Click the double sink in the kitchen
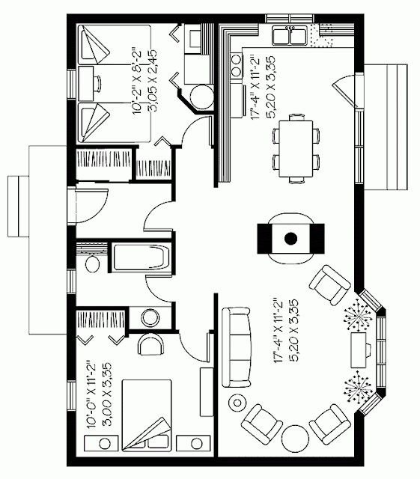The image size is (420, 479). click(290, 35)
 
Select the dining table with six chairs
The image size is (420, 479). click(296, 149)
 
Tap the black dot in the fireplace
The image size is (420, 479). click(290, 238)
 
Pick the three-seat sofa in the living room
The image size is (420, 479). click(237, 347)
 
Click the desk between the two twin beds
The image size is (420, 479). click(86, 83)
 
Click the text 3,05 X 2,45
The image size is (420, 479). click(152, 81)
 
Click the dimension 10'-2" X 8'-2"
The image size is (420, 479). click(137, 81)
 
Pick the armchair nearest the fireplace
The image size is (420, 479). click(330, 285)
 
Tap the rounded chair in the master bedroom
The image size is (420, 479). click(150, 343)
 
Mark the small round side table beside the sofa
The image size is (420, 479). click(237, 403)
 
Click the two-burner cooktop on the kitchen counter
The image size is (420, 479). click(237, 65)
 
